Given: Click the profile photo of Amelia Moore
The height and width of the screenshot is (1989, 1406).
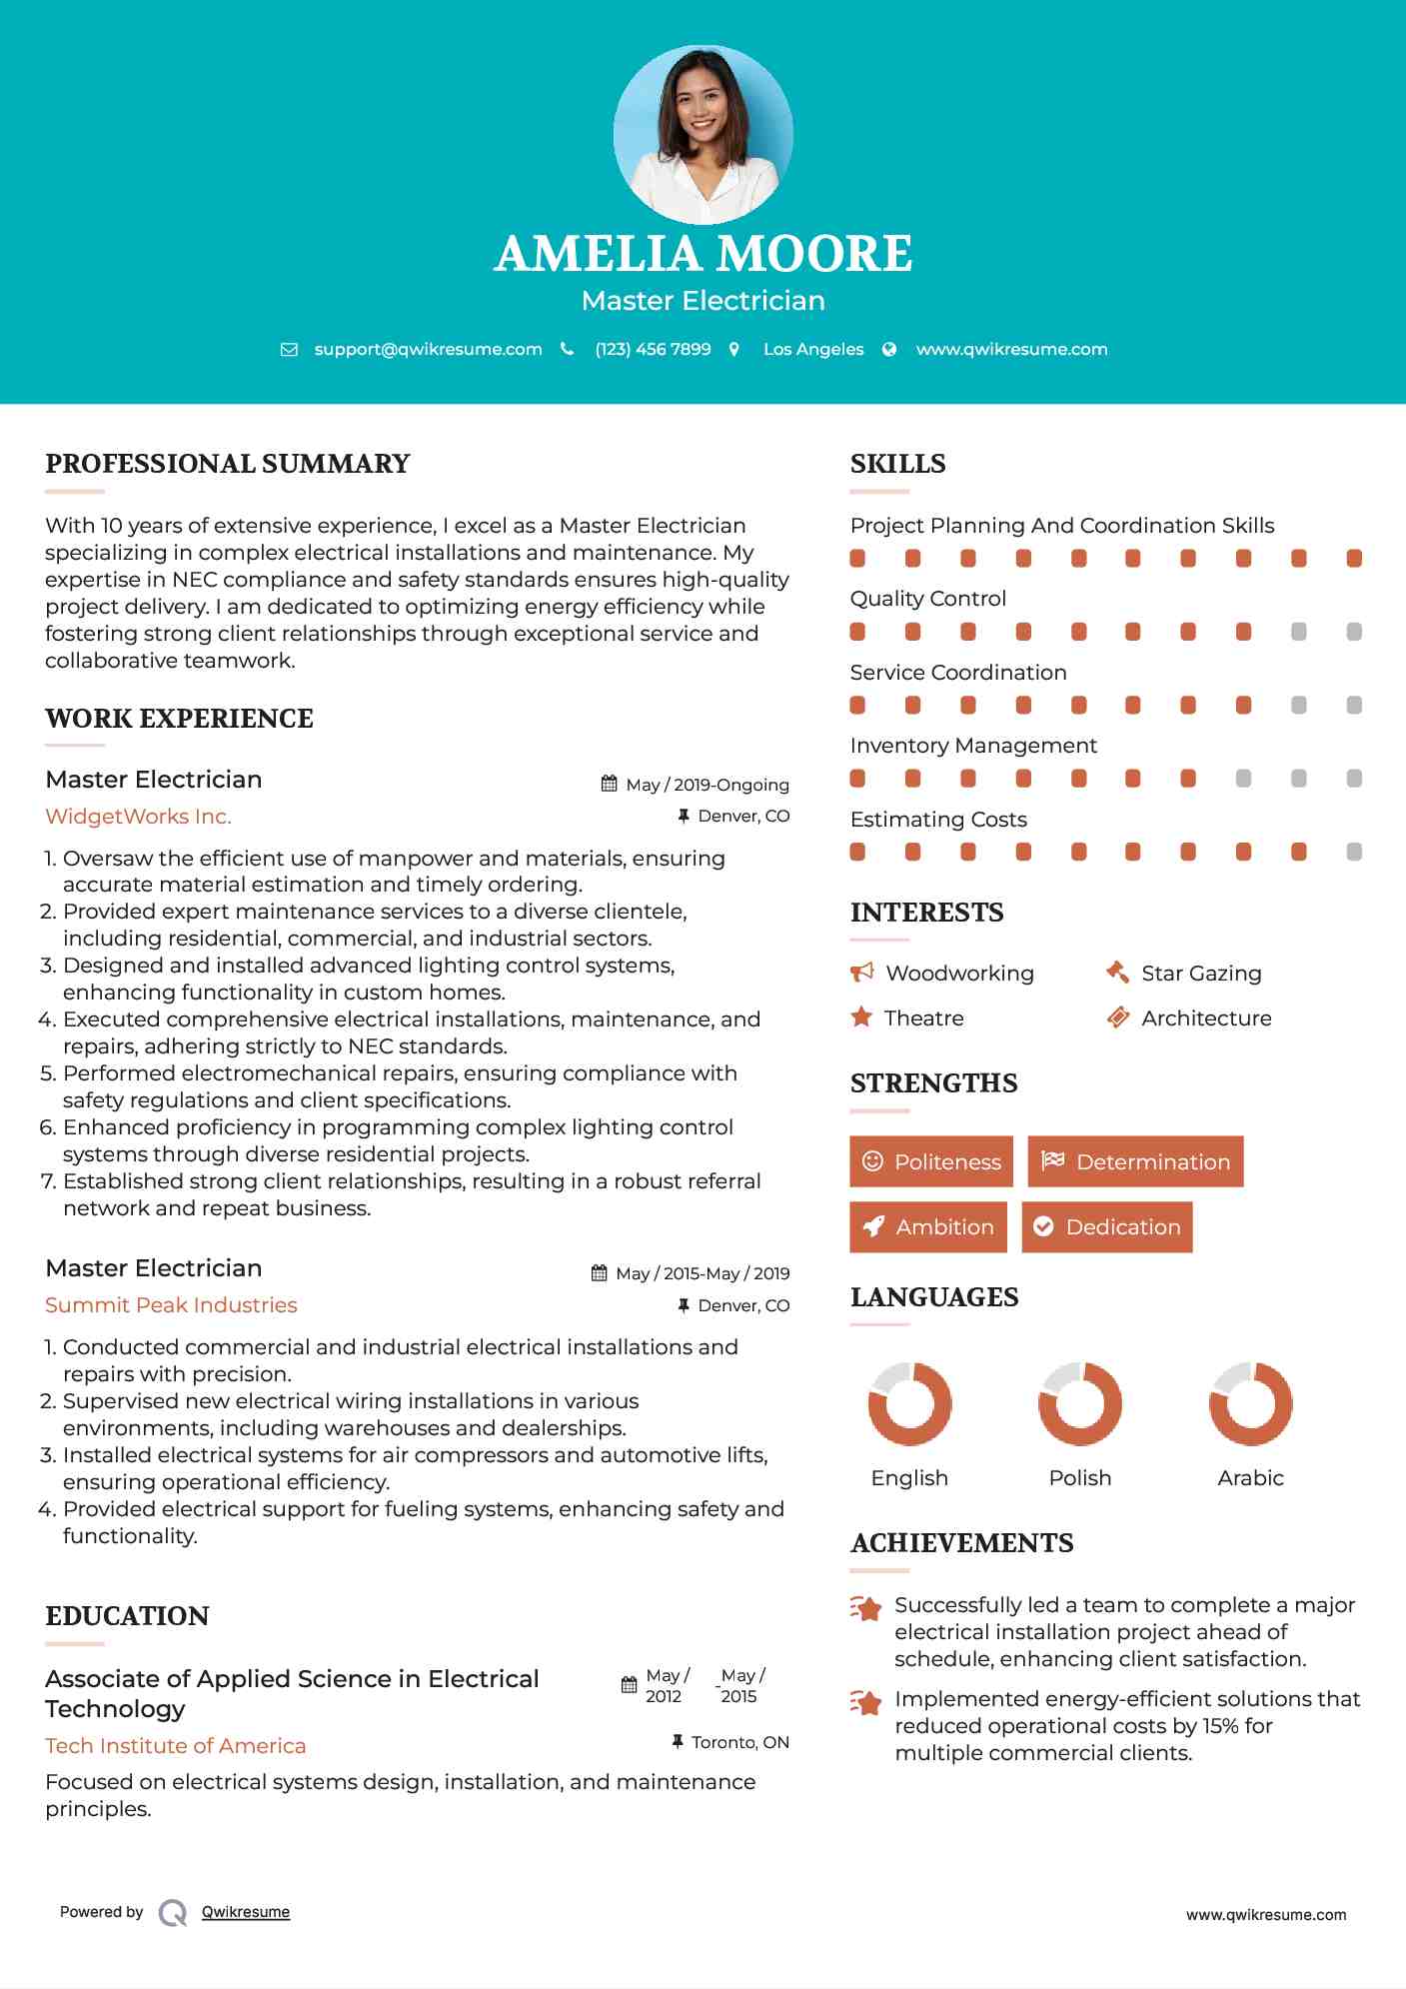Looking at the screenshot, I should tap(703, 134).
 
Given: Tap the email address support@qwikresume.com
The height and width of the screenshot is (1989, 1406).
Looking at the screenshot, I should tap(428, 349).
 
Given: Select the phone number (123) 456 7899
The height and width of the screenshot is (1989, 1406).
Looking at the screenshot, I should tap(653, 349).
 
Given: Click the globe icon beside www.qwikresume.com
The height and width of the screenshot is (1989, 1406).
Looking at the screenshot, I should tap(889, 349).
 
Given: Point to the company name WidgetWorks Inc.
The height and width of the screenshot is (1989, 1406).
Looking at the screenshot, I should tap(138, 817).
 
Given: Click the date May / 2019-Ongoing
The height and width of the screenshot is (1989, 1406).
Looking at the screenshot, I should tap(706, 785).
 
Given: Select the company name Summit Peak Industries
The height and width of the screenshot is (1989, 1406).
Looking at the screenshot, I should tap(171, 1305).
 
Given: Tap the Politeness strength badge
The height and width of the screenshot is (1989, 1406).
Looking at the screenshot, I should tap(930, 1161).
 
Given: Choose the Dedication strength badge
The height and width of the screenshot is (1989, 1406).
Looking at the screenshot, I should tap(1106, 1226).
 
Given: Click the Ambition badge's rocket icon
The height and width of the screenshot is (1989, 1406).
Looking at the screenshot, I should tap(873, 1226).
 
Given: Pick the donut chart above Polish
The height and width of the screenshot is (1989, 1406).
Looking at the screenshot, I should tap(1079, 1403).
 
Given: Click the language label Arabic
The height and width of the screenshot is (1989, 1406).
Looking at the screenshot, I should tap(1250, 1477).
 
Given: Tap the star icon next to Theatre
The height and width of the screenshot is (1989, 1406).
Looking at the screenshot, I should tap(861, 1017).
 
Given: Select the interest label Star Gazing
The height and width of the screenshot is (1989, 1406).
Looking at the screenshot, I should tap(1201, 974).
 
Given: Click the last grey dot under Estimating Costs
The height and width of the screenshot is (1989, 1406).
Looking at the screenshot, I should tap(1354, 852).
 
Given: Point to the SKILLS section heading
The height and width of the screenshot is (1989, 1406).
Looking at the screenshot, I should tap(897, 464).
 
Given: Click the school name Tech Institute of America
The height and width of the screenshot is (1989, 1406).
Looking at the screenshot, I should tap(176, 1745).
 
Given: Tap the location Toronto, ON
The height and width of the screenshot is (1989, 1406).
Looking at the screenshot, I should tap(739, 1742).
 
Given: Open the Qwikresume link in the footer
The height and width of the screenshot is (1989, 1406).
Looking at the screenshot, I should tap(246, 1912).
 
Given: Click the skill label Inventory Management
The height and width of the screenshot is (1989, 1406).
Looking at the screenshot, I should tap(973, 746).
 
